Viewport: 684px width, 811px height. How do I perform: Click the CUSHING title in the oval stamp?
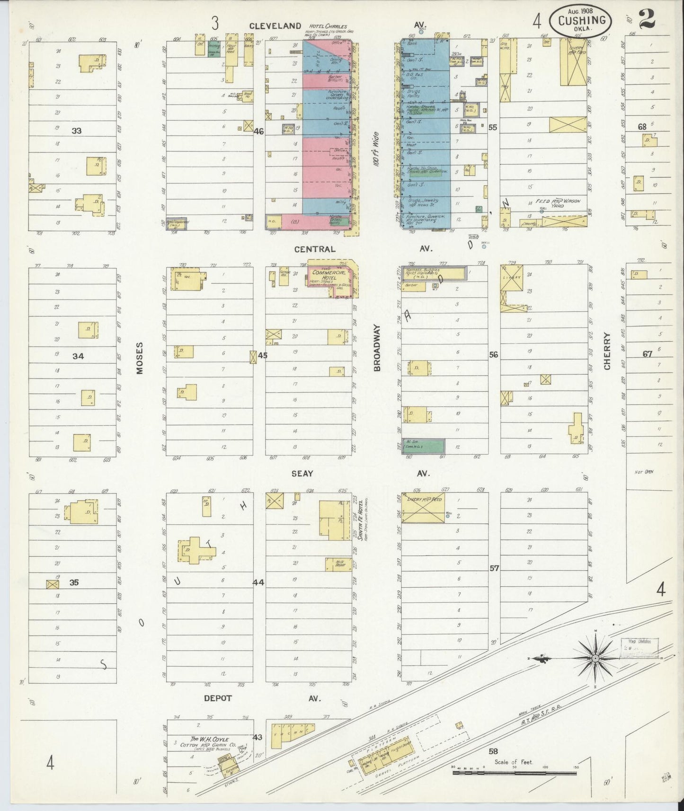click(x=582, y=20)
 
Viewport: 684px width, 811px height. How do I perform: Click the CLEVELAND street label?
click(x=275, y=26)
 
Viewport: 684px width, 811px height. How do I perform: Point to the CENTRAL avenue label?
click(x=315, y=249)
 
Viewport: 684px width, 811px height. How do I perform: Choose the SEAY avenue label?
click(x=302, y=473)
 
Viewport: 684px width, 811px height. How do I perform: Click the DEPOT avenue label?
click(x=218, y=698)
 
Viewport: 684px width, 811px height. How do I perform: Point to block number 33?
click(x=76, y=131)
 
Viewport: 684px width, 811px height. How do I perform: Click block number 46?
click(x=258, y=131)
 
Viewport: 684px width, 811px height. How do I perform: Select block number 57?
click(x=494, y=568)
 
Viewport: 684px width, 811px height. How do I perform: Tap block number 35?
click(x=73, y=582)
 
